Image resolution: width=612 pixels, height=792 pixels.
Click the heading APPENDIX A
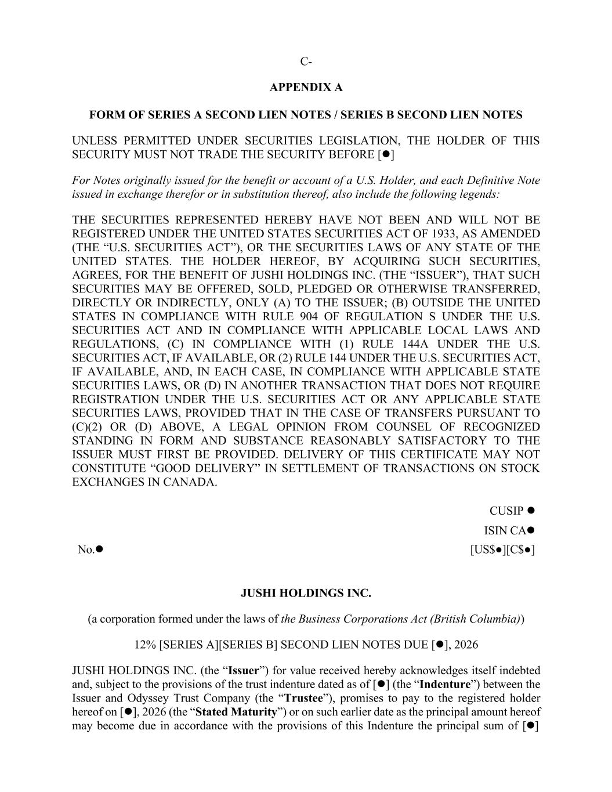point(306,88)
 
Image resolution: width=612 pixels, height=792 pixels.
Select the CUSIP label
point(506,511)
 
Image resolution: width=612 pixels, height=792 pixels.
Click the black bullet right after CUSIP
point(530,511)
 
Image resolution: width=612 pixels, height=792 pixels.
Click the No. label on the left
point(86,549)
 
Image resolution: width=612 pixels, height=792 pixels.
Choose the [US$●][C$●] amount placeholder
point(502,549)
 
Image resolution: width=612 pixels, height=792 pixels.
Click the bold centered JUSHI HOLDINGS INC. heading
point(306,594)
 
